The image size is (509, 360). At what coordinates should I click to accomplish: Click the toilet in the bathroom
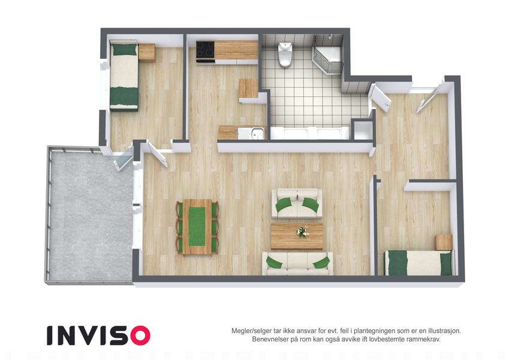pyautogui.click(x=285, y=54)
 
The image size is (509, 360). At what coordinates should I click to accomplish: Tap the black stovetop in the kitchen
pyautogui.click(x=205, y=50)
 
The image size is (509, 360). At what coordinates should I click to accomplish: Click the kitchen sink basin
pyautogui.click(x=258, y=133)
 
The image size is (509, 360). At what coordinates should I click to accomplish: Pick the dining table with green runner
pyautogui.click(x=197, y=227)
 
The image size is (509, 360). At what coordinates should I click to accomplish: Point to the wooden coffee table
pyautogui.click(x=297, y=236)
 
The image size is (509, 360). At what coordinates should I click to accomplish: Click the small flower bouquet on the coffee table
pyautogui.click(x=303, y=231)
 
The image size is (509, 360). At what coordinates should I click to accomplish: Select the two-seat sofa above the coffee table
pyautogui.click(x=297, y=204)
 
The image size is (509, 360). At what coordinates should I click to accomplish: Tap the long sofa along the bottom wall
pyautogui.click(x=297, y=263)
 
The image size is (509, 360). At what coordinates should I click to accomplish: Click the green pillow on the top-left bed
pyautogui.click(x=124, y=49)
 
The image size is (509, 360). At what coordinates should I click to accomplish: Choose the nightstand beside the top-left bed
pyautogui.click(x=147, y=52)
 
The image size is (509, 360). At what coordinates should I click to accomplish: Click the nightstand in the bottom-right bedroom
pyautogui.click(x=444, y=242)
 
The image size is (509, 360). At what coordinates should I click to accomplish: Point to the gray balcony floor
pyautogui.click(x=91, y=215)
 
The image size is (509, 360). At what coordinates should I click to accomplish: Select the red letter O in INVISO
pyautogui.click(x=140, y=335)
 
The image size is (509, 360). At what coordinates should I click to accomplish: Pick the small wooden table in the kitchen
pyautogui.click(x=249, y=88)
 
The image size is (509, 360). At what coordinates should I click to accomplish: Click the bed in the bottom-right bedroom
pyautogui.click(x=418, y=263)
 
